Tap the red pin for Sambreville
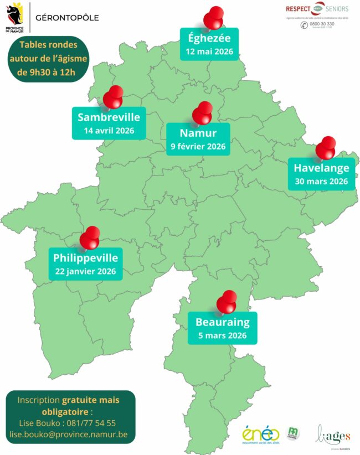pyautogui.click(x=114, y=97)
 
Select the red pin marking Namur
pyautogui.click(x=202, y=113)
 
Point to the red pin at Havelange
pyautogui.click(x=326, y=148)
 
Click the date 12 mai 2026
pyautogui.click(x=209, y=53)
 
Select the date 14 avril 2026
pyautogui.click(x=109, y=131)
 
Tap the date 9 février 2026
pyautogui.click(x=198, y=147)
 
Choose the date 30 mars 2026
pyautogui.click(x=321, y=182)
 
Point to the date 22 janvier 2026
pyautogui.click(x=85, y=271)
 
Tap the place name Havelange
pyautogui.click(x=321, y=168)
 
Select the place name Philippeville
pyautogui.click(x=85, y=258)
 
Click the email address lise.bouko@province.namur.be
pyautogui.click(x=68, y=435)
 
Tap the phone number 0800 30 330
pyautogui.click(x=321, y=24)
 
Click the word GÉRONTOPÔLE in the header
pyautogui.click(x=67, y=17)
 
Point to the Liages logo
pyautogui.click(x=333, y=433)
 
